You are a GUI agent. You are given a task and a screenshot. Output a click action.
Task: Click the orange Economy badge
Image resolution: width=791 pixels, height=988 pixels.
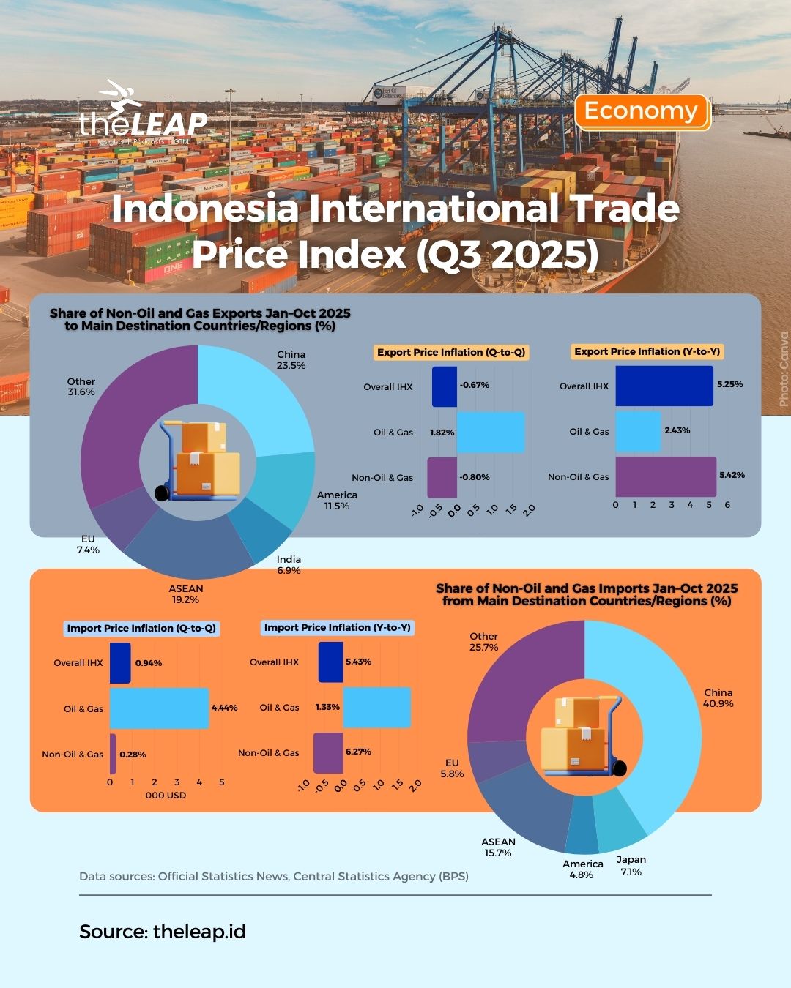click(x=642, y=112)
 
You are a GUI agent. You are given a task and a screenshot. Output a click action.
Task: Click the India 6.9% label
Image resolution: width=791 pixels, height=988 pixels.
click(x=289, y=565)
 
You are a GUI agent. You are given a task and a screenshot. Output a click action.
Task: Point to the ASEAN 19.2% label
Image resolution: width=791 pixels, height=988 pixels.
click(x=186, y=594)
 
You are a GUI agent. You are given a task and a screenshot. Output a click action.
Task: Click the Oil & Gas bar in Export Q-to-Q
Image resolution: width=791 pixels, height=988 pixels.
click(x=490, y=433)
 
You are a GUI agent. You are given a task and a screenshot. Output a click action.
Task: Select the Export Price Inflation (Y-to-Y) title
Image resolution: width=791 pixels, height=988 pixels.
click(x=647, y=352)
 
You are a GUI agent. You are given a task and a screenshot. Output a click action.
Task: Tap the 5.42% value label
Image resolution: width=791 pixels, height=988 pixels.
click(x=732, y=476)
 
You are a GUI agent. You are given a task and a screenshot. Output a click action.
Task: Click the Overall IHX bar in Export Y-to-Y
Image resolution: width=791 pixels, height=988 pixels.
click(x=664, y=386)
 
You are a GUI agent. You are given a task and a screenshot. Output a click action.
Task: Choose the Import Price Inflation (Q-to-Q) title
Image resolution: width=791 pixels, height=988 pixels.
click(x=141, y=628)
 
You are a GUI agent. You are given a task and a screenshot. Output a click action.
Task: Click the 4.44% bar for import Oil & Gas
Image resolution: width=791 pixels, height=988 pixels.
click(x=159, y=708)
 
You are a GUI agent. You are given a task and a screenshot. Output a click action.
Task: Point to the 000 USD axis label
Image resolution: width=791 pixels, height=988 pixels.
click(x=166, y=796)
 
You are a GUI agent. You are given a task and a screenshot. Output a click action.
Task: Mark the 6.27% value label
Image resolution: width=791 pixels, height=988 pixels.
click(x=358, y=752)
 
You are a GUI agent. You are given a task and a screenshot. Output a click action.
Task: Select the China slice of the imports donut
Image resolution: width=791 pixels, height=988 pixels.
click(x=645, y=725)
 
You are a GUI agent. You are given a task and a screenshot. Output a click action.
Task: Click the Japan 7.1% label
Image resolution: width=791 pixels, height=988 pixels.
click(x=631, y=866)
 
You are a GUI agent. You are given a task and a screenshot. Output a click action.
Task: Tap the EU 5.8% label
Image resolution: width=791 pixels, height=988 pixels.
click(x=452, y=768)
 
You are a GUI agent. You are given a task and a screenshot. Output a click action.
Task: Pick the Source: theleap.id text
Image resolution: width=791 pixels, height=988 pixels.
click(x=163, y=932)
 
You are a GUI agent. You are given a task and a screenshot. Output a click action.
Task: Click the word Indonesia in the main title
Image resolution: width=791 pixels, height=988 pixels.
click(x=205, y=209)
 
